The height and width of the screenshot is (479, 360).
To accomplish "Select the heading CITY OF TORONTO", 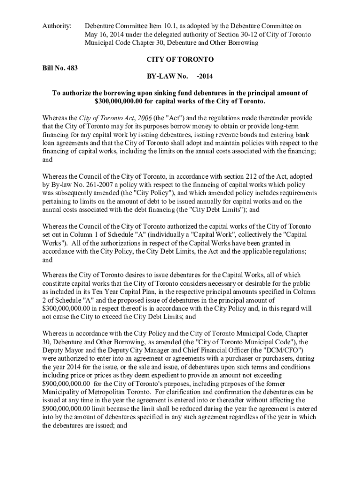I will pos(180,60).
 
